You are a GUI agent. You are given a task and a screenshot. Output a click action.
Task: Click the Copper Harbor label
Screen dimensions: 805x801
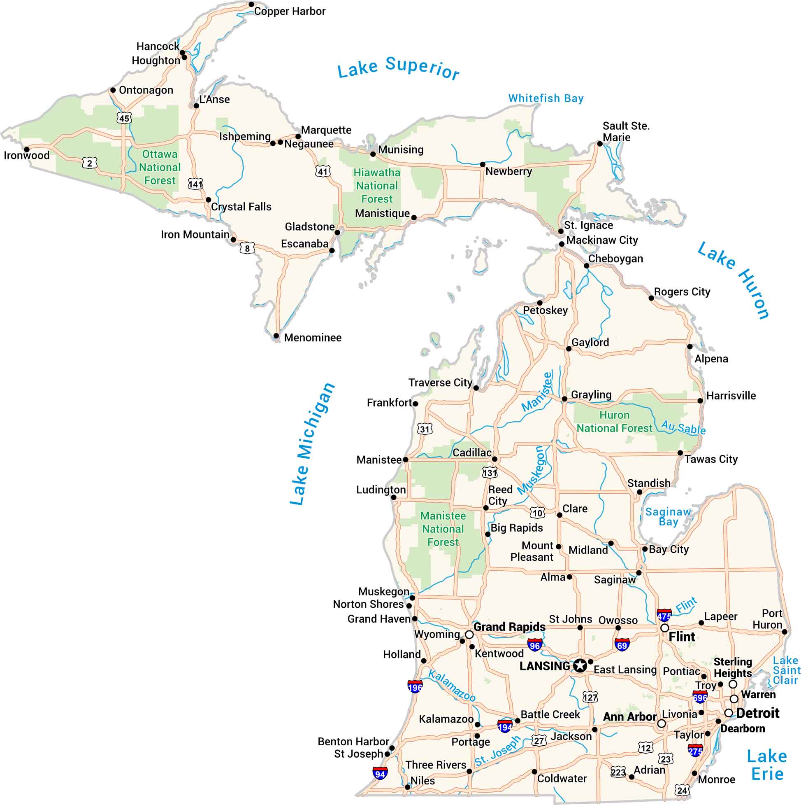click(x=289, y=11)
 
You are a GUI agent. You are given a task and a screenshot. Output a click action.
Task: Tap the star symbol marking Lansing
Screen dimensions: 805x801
click(x=580, y=666)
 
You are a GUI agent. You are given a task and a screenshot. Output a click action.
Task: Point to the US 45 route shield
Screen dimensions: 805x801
click(x=124, y=118)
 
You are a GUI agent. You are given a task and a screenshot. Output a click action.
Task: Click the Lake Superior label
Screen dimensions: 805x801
click(x=398, y=68)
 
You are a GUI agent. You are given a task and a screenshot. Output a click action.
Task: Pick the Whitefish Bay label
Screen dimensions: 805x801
click(x=546, y=98)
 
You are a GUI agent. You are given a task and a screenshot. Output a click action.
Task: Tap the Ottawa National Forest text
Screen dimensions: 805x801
click(x=160, y=167)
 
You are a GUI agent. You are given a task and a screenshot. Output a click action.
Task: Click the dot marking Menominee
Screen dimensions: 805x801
click(x=276, y=336)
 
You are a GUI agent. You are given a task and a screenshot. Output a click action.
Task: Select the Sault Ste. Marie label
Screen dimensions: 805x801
click(x=626, y=132)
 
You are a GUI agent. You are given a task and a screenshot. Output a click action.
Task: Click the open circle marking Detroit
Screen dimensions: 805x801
click(x=728, y=713)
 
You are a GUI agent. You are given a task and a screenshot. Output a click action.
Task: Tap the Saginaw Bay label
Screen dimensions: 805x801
click(x=668, y=517)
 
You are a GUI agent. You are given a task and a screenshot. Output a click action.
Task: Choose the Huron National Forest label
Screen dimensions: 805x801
click(x=614, y=422)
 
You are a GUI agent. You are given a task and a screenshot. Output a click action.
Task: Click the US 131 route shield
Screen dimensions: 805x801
click(x=490, y=473)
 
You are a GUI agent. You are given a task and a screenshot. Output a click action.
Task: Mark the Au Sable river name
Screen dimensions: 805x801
click(x=683, y=427)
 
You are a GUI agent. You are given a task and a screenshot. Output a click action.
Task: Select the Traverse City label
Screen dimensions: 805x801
click(x=440, y=383)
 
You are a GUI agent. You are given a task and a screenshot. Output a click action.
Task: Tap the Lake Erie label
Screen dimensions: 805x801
click(x=767, y=765)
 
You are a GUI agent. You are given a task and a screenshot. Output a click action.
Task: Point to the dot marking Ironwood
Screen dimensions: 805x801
click(x=27, y=149)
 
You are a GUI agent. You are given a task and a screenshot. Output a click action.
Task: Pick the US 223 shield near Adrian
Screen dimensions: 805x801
click(x=618, y=772)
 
